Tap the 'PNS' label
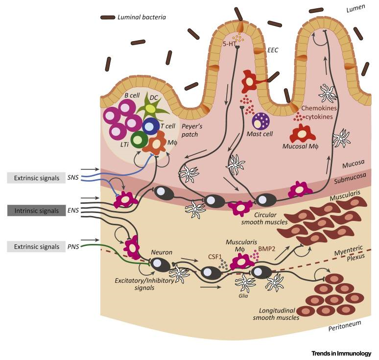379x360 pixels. click(x=72, y=246)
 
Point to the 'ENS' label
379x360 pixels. click(x=72, y=210)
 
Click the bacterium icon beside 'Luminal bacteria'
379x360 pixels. click(x=107, y=18)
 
